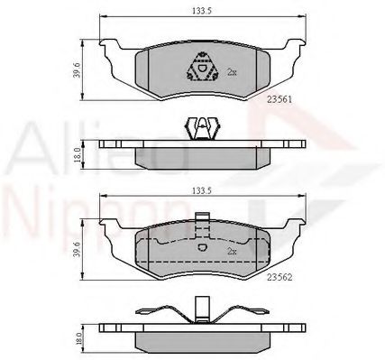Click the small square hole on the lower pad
pos(201,248)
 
